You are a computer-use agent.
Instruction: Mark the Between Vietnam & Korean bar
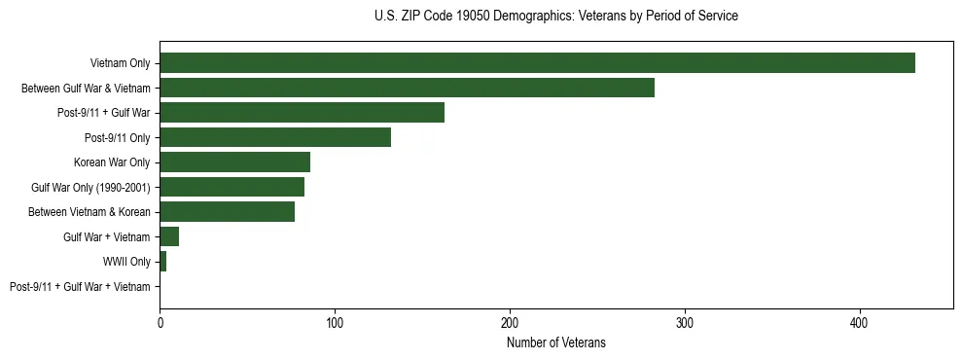[x=227, y=211]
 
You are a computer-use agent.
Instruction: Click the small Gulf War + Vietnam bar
[x=169, y=236]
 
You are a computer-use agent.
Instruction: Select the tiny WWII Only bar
[x=162, y=261]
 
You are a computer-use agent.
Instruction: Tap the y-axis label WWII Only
[x=126, y=262]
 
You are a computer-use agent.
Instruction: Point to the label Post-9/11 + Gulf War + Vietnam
[x=80, y=286]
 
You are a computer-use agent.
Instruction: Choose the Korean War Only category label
[x=112, y=162]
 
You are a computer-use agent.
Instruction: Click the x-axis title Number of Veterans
[x=555, y=342]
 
